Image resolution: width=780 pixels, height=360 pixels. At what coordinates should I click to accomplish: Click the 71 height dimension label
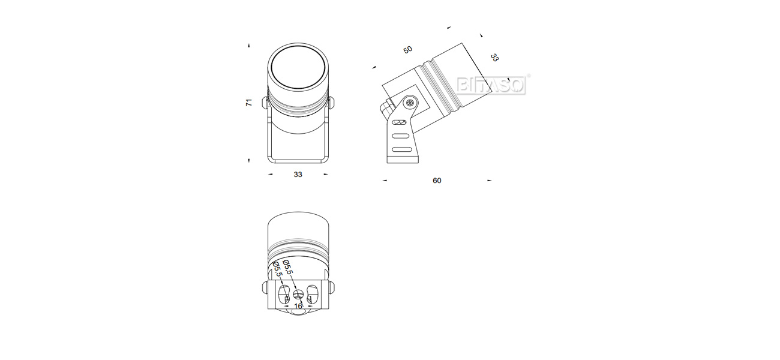pyautogui.click(x=248, y=103)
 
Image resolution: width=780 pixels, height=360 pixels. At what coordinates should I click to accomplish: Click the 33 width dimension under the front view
pyautogui.click(x=298, y=175)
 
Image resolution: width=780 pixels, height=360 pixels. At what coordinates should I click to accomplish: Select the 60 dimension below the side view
pyautogui.click(x=437, y=181)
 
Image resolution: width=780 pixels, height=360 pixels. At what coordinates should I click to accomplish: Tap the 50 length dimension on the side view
pyautogui.click(x=408, y=50)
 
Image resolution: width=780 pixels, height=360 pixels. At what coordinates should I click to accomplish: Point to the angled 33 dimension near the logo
pyautogui.click(x=494, y=58)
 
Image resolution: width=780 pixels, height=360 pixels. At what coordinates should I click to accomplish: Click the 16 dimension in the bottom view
pyautogui.click(x=298, y=306)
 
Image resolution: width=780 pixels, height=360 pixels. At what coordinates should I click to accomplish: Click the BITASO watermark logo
pyautogui.click(x=491, y=85)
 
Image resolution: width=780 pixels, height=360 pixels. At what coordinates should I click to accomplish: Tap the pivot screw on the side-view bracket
pyautogui.click(x=410, y=103)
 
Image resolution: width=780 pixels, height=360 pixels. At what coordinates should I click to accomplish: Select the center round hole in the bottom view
pyautogui.click(x=298, y=295)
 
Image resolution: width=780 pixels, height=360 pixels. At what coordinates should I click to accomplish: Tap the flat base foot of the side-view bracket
pyautogui.click(x=403, y=159)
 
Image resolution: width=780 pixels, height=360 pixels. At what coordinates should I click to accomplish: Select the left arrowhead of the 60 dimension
pyautogui.click(x=385, y=181)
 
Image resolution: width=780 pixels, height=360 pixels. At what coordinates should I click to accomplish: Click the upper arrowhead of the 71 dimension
pyautogui.click(x=248, y=45)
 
